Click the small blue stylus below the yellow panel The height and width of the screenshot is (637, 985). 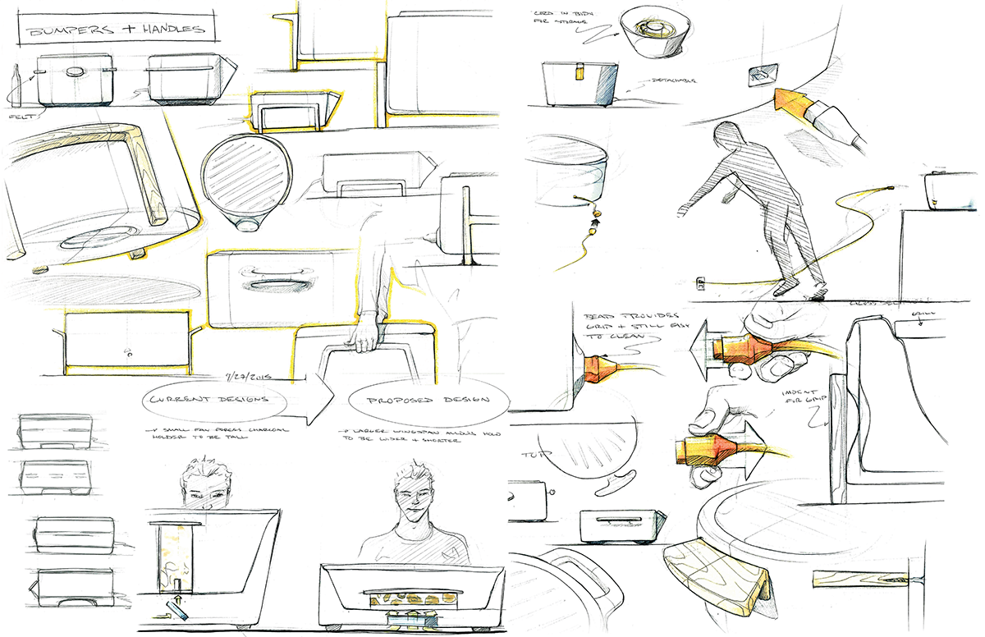176,608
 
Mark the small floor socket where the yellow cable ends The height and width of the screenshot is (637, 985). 703,284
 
